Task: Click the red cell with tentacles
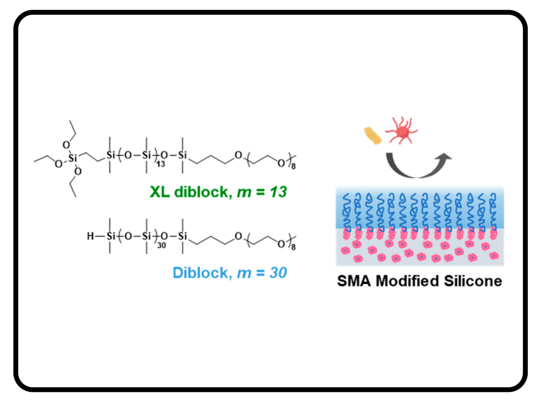pyautogui.click(x=402, y=130)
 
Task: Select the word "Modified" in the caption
pyautogui.click(x=405, y=281)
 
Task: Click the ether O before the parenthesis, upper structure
pyautogui.click(x=238, y=154)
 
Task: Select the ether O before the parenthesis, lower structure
pyautogui.click(x=238, y=236)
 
